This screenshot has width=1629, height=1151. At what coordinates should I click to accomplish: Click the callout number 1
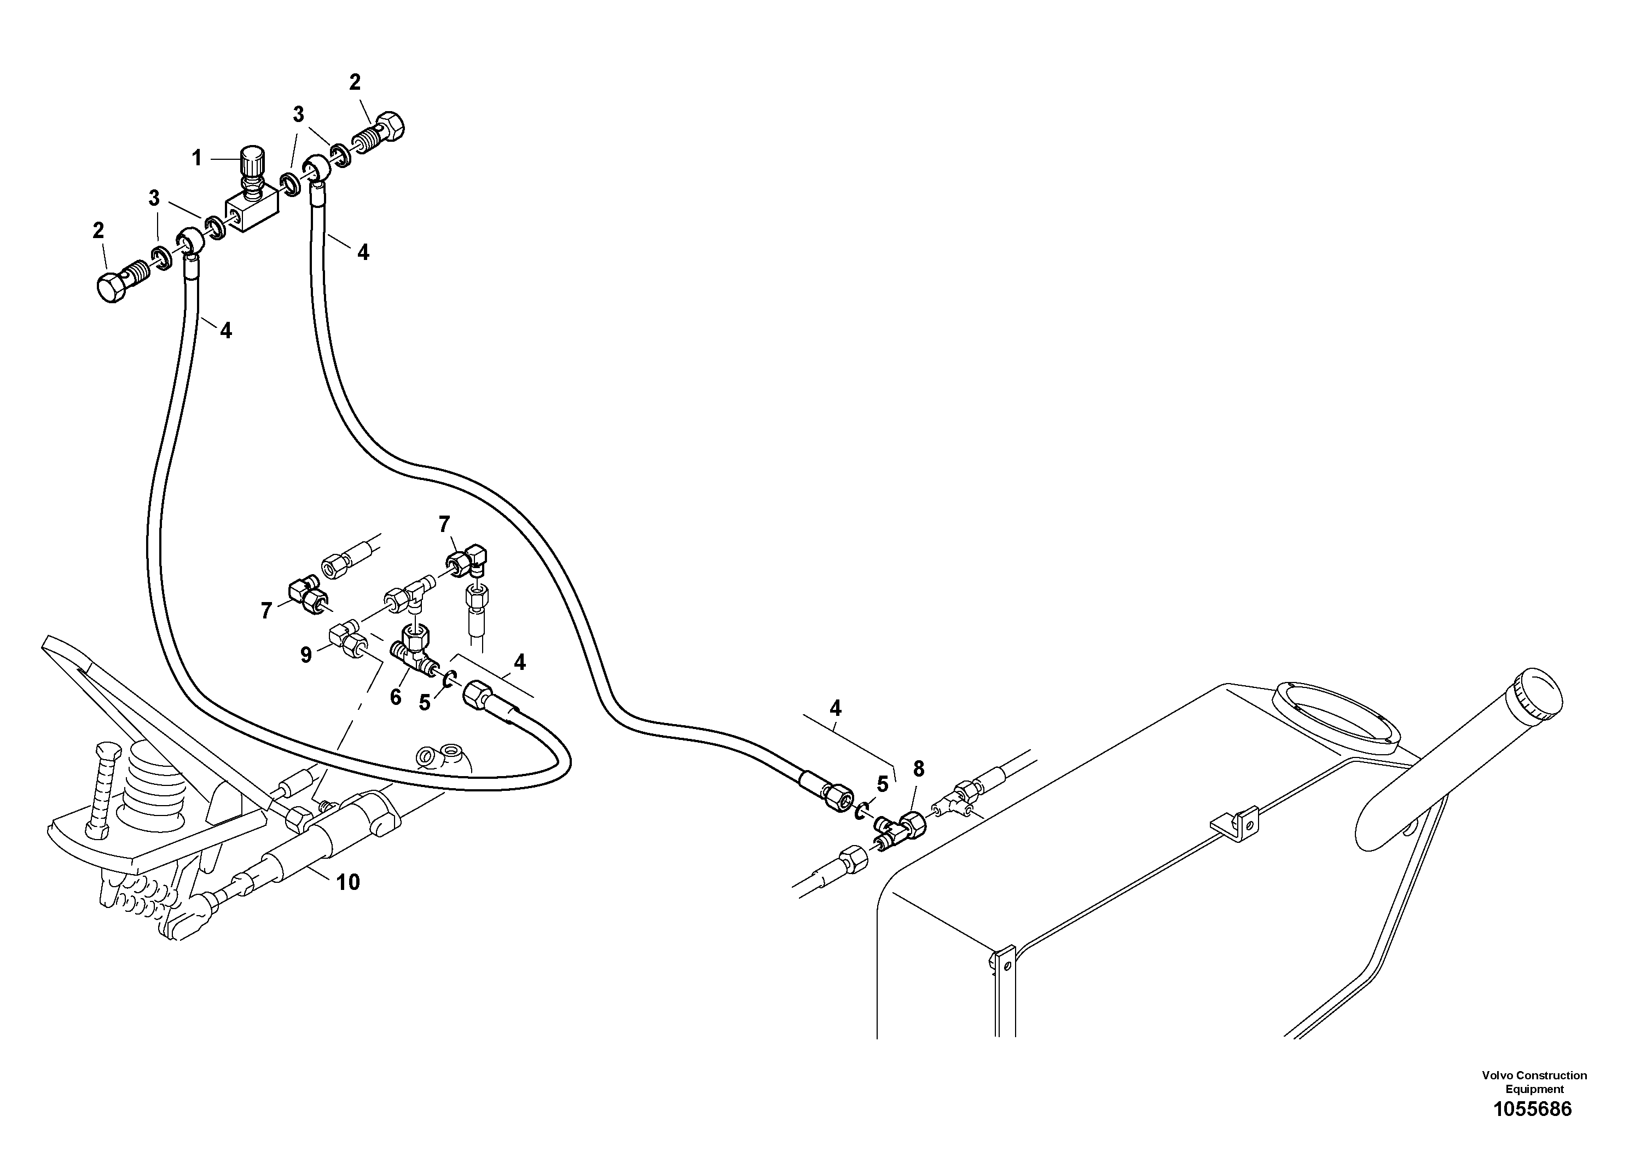tap(196, 158)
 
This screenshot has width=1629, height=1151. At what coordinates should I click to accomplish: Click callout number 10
tap(347, 882)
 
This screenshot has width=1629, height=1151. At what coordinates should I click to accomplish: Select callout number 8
tap(918, 768)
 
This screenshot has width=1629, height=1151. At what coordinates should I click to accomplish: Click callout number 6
tap(395, 698)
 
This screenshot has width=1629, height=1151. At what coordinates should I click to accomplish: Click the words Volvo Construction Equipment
tap(1534, 1081)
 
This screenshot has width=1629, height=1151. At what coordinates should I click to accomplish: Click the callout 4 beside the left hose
tap(225, 330)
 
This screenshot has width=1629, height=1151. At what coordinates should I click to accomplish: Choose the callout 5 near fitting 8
tap(882, 784)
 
